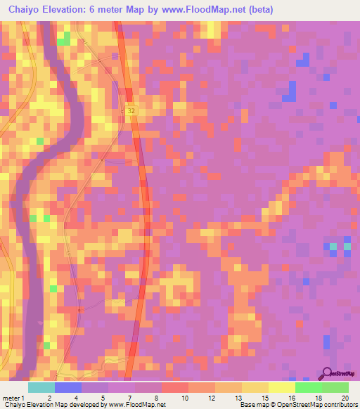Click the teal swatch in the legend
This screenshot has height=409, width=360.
pyautogui.click(x=41, y=387)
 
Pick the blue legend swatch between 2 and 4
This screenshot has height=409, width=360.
pyautogui.click(x=67, y=387)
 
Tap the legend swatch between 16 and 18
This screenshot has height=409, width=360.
pyautogui.click(x=308, y=387)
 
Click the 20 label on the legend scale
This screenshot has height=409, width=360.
pyautogui.click(x=344, y=398)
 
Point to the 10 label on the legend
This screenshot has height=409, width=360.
pyautogui.click(x=185, y=398)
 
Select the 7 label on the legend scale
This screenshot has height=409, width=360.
pyautogui.click(x=131, y=398)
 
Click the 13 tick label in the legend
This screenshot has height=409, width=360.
pyautogui.click(x=238, y=398)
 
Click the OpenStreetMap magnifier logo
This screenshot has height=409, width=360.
pyautogui.click(x=327, y=372)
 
